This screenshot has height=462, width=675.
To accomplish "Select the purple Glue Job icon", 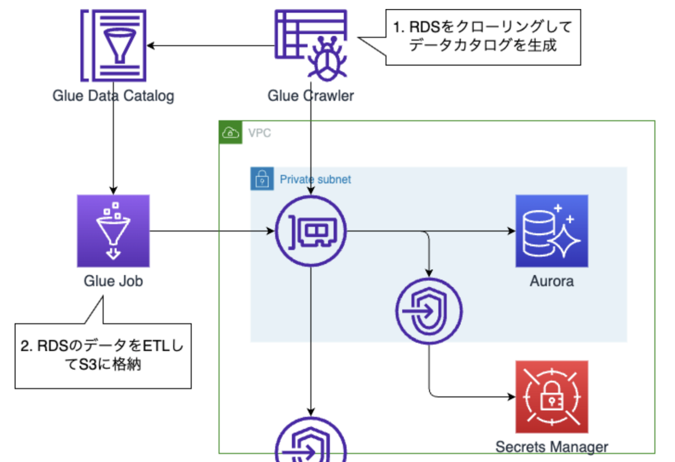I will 113,230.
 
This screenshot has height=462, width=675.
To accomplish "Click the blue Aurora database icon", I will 551,230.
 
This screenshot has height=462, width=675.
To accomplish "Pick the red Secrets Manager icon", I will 551,397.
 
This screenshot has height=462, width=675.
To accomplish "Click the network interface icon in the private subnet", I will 311,231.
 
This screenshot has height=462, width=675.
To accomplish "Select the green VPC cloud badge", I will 229,133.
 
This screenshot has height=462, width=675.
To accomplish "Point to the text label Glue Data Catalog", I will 113,96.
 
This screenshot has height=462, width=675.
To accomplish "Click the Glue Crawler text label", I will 311,96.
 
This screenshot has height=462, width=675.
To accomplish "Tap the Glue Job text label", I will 113,280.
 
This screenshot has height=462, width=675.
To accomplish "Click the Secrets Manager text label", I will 551,447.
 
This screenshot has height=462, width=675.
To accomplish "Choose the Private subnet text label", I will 315,179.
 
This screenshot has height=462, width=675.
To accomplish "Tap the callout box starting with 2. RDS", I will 102,355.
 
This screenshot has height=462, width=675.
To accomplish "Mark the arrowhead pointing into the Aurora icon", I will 511,231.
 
